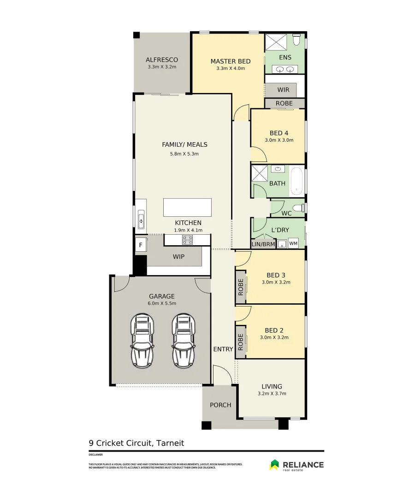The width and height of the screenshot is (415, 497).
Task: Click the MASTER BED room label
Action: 231,61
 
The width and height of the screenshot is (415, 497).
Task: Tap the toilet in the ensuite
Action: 296,40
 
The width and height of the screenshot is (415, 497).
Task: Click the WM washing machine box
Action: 293,243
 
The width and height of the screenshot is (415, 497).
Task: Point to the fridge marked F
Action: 141,245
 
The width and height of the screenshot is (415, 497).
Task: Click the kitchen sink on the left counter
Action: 141,220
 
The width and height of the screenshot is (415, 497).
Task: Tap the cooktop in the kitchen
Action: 187,240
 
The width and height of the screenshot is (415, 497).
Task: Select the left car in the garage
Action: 142,341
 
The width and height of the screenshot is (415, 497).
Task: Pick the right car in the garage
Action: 184,341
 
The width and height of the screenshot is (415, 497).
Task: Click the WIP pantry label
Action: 178,257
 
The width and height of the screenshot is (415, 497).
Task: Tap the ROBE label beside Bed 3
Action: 241,287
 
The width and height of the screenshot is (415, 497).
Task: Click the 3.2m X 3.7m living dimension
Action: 272,393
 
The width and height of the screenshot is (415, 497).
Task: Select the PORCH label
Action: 220,405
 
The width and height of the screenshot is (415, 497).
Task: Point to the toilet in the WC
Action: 299,208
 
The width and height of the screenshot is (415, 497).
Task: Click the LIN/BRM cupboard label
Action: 263,244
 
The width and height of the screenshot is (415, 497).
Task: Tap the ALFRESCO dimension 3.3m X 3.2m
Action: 162,67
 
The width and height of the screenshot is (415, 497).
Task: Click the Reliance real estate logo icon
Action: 274,465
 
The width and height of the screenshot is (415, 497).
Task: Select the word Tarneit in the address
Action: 170,443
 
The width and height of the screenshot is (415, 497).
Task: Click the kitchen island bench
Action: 187,208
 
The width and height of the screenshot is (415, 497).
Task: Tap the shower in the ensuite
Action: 276,42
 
